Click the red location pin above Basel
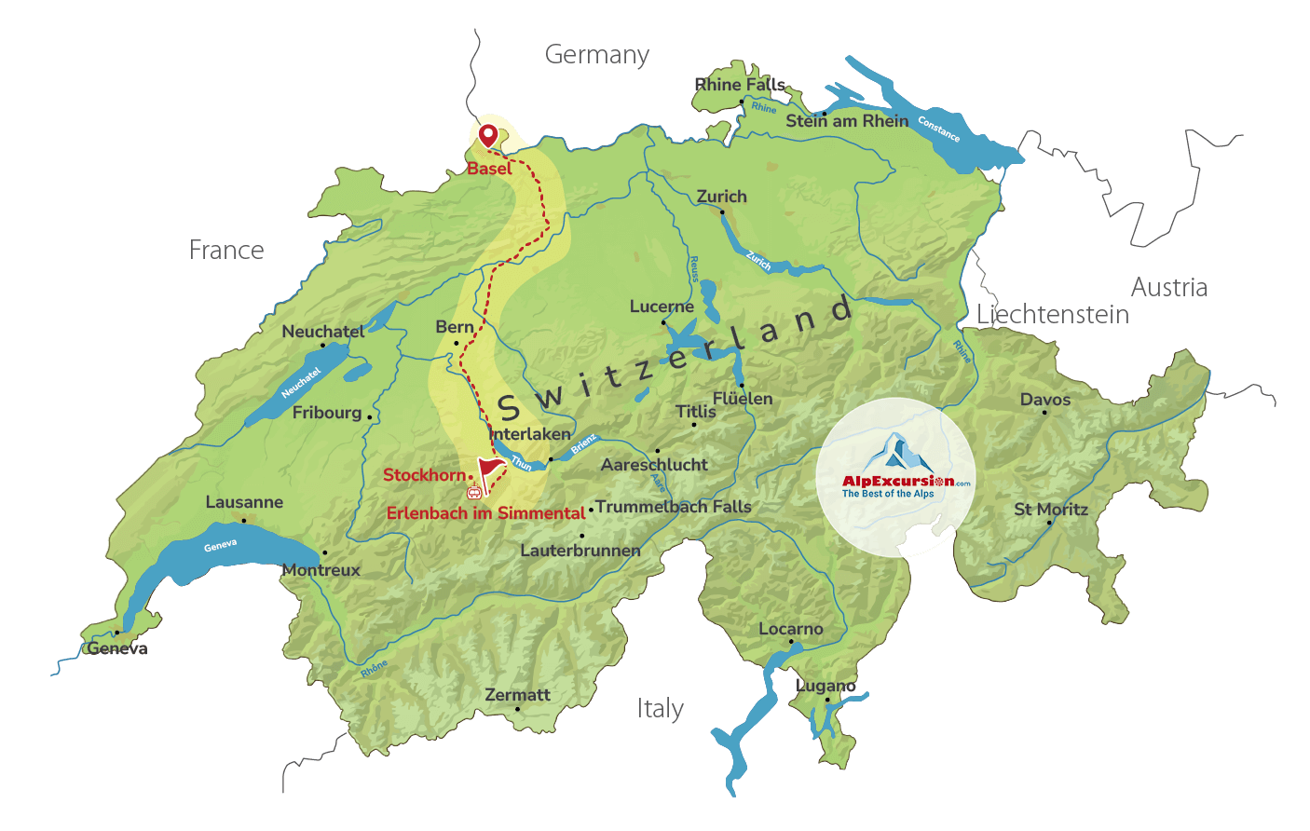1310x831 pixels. pos(487,136)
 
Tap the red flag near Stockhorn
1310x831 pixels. pos(490,465)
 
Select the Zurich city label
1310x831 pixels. pos(721,197)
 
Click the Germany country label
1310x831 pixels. pos(596,55)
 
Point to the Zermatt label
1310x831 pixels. pos(517,695)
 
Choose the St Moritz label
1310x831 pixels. pos(1051,510)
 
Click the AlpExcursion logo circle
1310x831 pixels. pos(895,477)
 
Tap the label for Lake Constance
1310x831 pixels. pos(938,129)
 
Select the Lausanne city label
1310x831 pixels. pos(244,502)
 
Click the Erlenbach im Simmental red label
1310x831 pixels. pos(485,513)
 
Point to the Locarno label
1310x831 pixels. pos(790,629)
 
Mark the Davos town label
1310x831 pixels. pos(1044,400)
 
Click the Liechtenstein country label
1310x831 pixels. pos(1053,315)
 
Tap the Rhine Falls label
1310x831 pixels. pos(740,85)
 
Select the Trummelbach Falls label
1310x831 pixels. pos(673,507)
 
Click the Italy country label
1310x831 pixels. pos(660,709)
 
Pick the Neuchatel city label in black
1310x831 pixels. pos(322,332)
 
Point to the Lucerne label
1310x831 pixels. pos(662,307)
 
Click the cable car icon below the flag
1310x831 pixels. pos(474,491)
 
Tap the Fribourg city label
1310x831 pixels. pos(326,413)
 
